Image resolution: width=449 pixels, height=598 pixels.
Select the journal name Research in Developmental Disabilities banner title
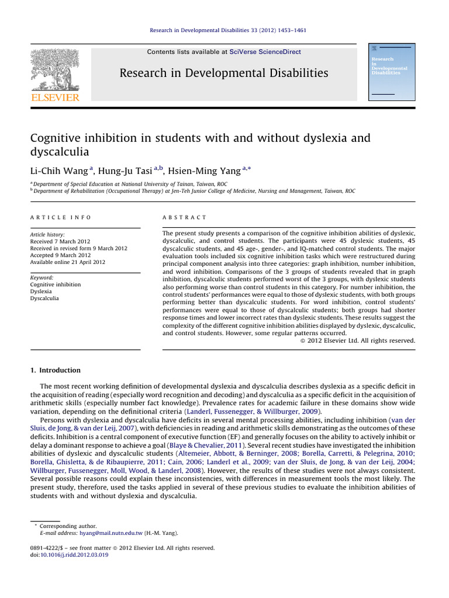[224, 73]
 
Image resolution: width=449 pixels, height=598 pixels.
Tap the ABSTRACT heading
[184, 217]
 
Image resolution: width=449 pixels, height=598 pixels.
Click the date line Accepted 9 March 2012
[60, 255]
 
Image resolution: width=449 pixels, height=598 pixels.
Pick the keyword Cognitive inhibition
[56, 284]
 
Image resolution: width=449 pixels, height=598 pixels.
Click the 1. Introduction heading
[56, 370]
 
